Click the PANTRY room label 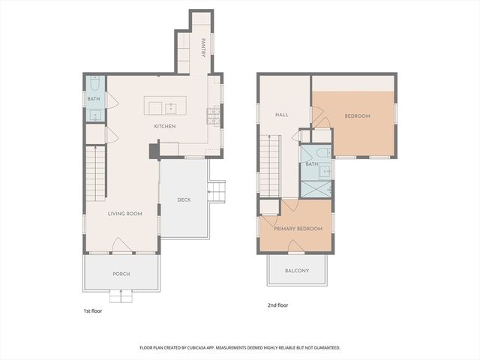203,48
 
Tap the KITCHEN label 165,126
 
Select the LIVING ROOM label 125,214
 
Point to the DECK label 184,200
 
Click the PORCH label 121,274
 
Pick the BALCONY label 297,271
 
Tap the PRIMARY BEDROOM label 298,229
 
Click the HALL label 282,115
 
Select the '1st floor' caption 93,311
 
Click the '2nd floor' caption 278,305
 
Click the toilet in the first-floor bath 95,83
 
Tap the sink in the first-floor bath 95,115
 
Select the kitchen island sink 170,108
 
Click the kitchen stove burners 214,117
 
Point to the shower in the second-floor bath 316,189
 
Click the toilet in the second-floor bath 324,152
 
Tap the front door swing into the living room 122,245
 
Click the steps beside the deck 217,192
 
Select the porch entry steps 121,296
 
